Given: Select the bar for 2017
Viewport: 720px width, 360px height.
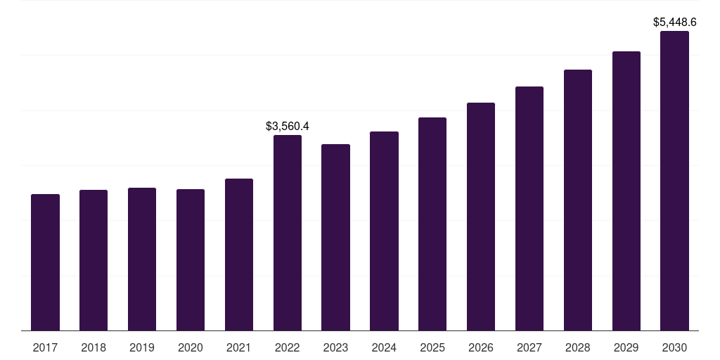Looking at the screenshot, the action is point(45,262).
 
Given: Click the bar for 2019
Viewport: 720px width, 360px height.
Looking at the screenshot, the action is point(142,259).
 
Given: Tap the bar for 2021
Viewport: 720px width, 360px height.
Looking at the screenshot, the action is point(239,255).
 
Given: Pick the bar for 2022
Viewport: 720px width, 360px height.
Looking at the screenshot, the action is point(288,233).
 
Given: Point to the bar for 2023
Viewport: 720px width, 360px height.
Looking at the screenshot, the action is point(335,238).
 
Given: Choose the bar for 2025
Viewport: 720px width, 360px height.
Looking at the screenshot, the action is point(432,224).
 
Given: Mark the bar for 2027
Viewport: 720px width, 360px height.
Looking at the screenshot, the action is point(529,208).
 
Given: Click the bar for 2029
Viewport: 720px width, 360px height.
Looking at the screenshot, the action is point(626,191).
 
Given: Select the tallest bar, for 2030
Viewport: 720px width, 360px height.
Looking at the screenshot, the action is point(674,181).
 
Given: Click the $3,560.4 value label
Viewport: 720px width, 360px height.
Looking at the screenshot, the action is point(288,127).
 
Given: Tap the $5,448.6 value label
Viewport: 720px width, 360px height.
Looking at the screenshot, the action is point(675,22).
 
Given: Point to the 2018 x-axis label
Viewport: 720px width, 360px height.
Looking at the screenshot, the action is point(94,347).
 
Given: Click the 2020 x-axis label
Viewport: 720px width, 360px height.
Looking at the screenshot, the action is point(191,347).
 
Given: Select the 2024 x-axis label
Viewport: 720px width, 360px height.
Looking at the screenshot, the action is point(384,347).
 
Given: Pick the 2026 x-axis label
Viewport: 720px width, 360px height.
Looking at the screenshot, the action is point(481,347).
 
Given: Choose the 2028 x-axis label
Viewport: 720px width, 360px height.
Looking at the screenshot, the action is point(578,347).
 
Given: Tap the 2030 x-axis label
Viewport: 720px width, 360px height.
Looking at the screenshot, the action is point(674,347).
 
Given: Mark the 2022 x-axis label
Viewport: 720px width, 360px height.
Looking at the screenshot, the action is point(288,347).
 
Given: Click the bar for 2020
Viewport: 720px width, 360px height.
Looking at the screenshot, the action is point(191,260).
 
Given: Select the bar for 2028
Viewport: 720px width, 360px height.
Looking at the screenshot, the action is point(578,200).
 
